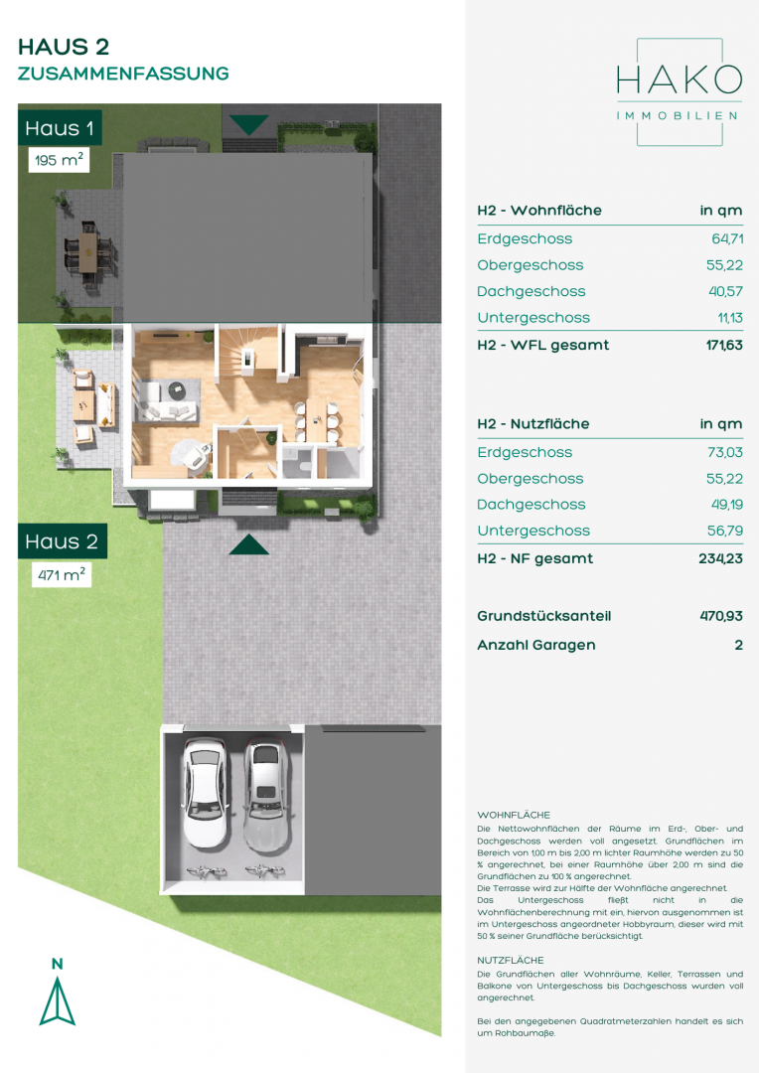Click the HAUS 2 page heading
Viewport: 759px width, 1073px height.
64,47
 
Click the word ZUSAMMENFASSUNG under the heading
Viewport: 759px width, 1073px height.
123,74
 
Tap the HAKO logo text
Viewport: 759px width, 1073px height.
679,80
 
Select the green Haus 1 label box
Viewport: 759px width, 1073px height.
60,128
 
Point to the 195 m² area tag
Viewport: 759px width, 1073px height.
59,160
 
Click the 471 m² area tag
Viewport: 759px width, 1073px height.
62,575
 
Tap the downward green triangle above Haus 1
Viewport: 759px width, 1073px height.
248,124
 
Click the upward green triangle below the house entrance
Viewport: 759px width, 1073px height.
248,544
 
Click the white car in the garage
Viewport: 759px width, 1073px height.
205,793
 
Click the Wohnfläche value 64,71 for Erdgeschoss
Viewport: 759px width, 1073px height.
727,238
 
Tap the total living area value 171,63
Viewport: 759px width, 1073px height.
724,345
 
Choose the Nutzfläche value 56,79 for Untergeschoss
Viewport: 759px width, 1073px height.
725,531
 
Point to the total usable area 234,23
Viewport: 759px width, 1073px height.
720,558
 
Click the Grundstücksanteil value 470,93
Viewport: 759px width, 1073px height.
721,616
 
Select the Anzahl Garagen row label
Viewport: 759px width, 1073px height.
536,645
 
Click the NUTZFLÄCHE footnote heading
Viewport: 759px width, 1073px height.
511,960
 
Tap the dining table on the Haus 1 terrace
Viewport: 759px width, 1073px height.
89,251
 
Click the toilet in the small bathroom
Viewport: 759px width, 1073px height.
305,466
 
